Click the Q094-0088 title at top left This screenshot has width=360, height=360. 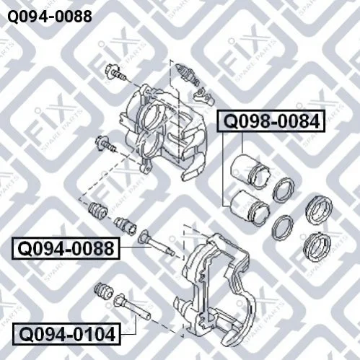[50, 17]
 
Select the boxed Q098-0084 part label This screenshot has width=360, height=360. [271, 121]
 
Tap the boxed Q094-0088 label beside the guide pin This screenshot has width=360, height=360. [66, 248]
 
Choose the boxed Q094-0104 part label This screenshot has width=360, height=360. [66, 334]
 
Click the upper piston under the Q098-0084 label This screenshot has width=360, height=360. [250, 171]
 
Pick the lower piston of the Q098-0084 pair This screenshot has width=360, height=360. [250, 208]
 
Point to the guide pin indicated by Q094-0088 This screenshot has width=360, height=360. [157, 244]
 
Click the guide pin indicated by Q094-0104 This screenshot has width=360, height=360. [132, 307]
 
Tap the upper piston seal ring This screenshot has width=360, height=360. [283, 190]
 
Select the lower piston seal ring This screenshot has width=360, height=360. [282, 227]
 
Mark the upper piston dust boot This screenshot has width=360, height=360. [319, 211]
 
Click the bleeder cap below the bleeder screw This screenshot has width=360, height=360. [204, 95]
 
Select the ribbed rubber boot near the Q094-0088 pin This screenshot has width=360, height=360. [98, 210]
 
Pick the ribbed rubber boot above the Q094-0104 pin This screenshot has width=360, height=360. [104, 291]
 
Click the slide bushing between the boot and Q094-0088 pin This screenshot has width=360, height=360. [125, 225]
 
